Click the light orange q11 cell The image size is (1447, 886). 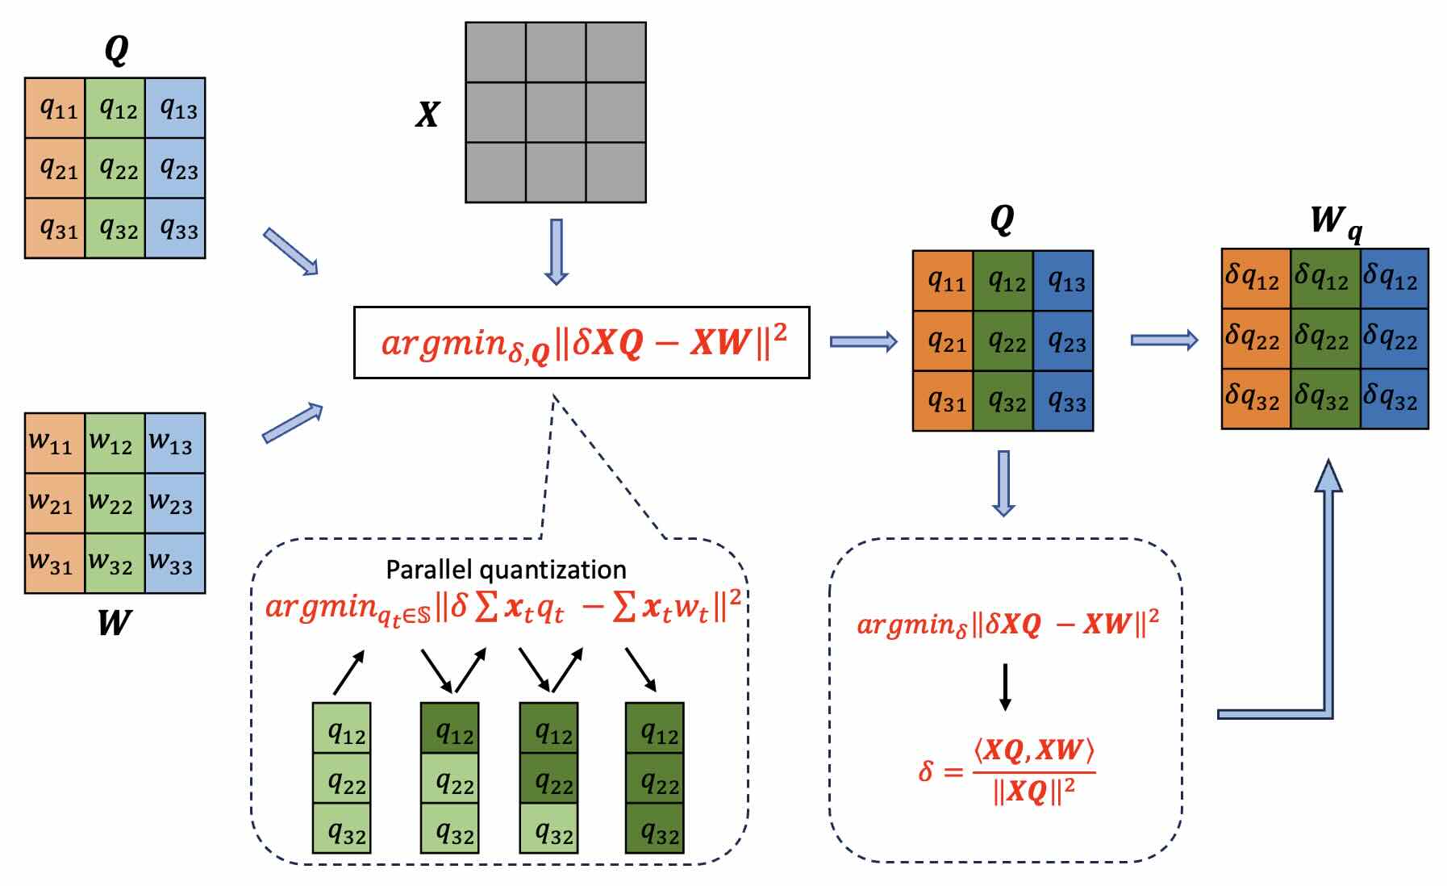[x=55, y=107]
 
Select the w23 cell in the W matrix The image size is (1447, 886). [x=175, y=503]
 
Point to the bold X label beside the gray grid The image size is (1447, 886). [x=427, y=114]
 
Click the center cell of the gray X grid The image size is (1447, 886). [x=556, y=112]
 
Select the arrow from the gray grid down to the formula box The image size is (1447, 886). [x=556, y=251]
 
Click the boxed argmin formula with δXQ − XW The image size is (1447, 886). [x=582, y=342]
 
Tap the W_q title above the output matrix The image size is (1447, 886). [x=1335, y=220]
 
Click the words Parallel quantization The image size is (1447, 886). [x=506, y=570]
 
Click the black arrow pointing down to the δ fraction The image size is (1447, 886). [x=1005, y=687]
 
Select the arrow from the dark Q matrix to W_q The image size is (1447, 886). [x=1164, y=340]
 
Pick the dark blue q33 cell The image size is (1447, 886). [x=1063, y=400]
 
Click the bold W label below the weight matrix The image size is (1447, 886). [x=114, y=623]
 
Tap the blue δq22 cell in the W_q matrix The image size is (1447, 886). [x=1394, y=339]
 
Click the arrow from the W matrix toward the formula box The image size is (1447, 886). [x=292, y=423]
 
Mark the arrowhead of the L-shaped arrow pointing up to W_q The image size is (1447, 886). [x=1328, y=476]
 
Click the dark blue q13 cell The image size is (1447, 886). [x=1063, y=281]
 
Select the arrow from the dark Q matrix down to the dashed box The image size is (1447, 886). [x=1003, y=483]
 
